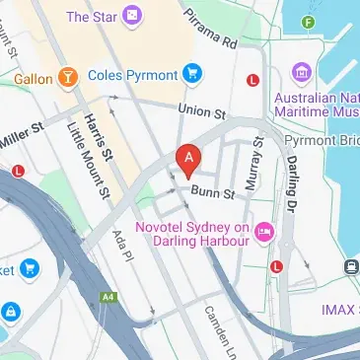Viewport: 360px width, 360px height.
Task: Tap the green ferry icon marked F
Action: coord(310,21)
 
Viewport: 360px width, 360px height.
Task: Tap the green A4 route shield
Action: coord(107,295)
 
